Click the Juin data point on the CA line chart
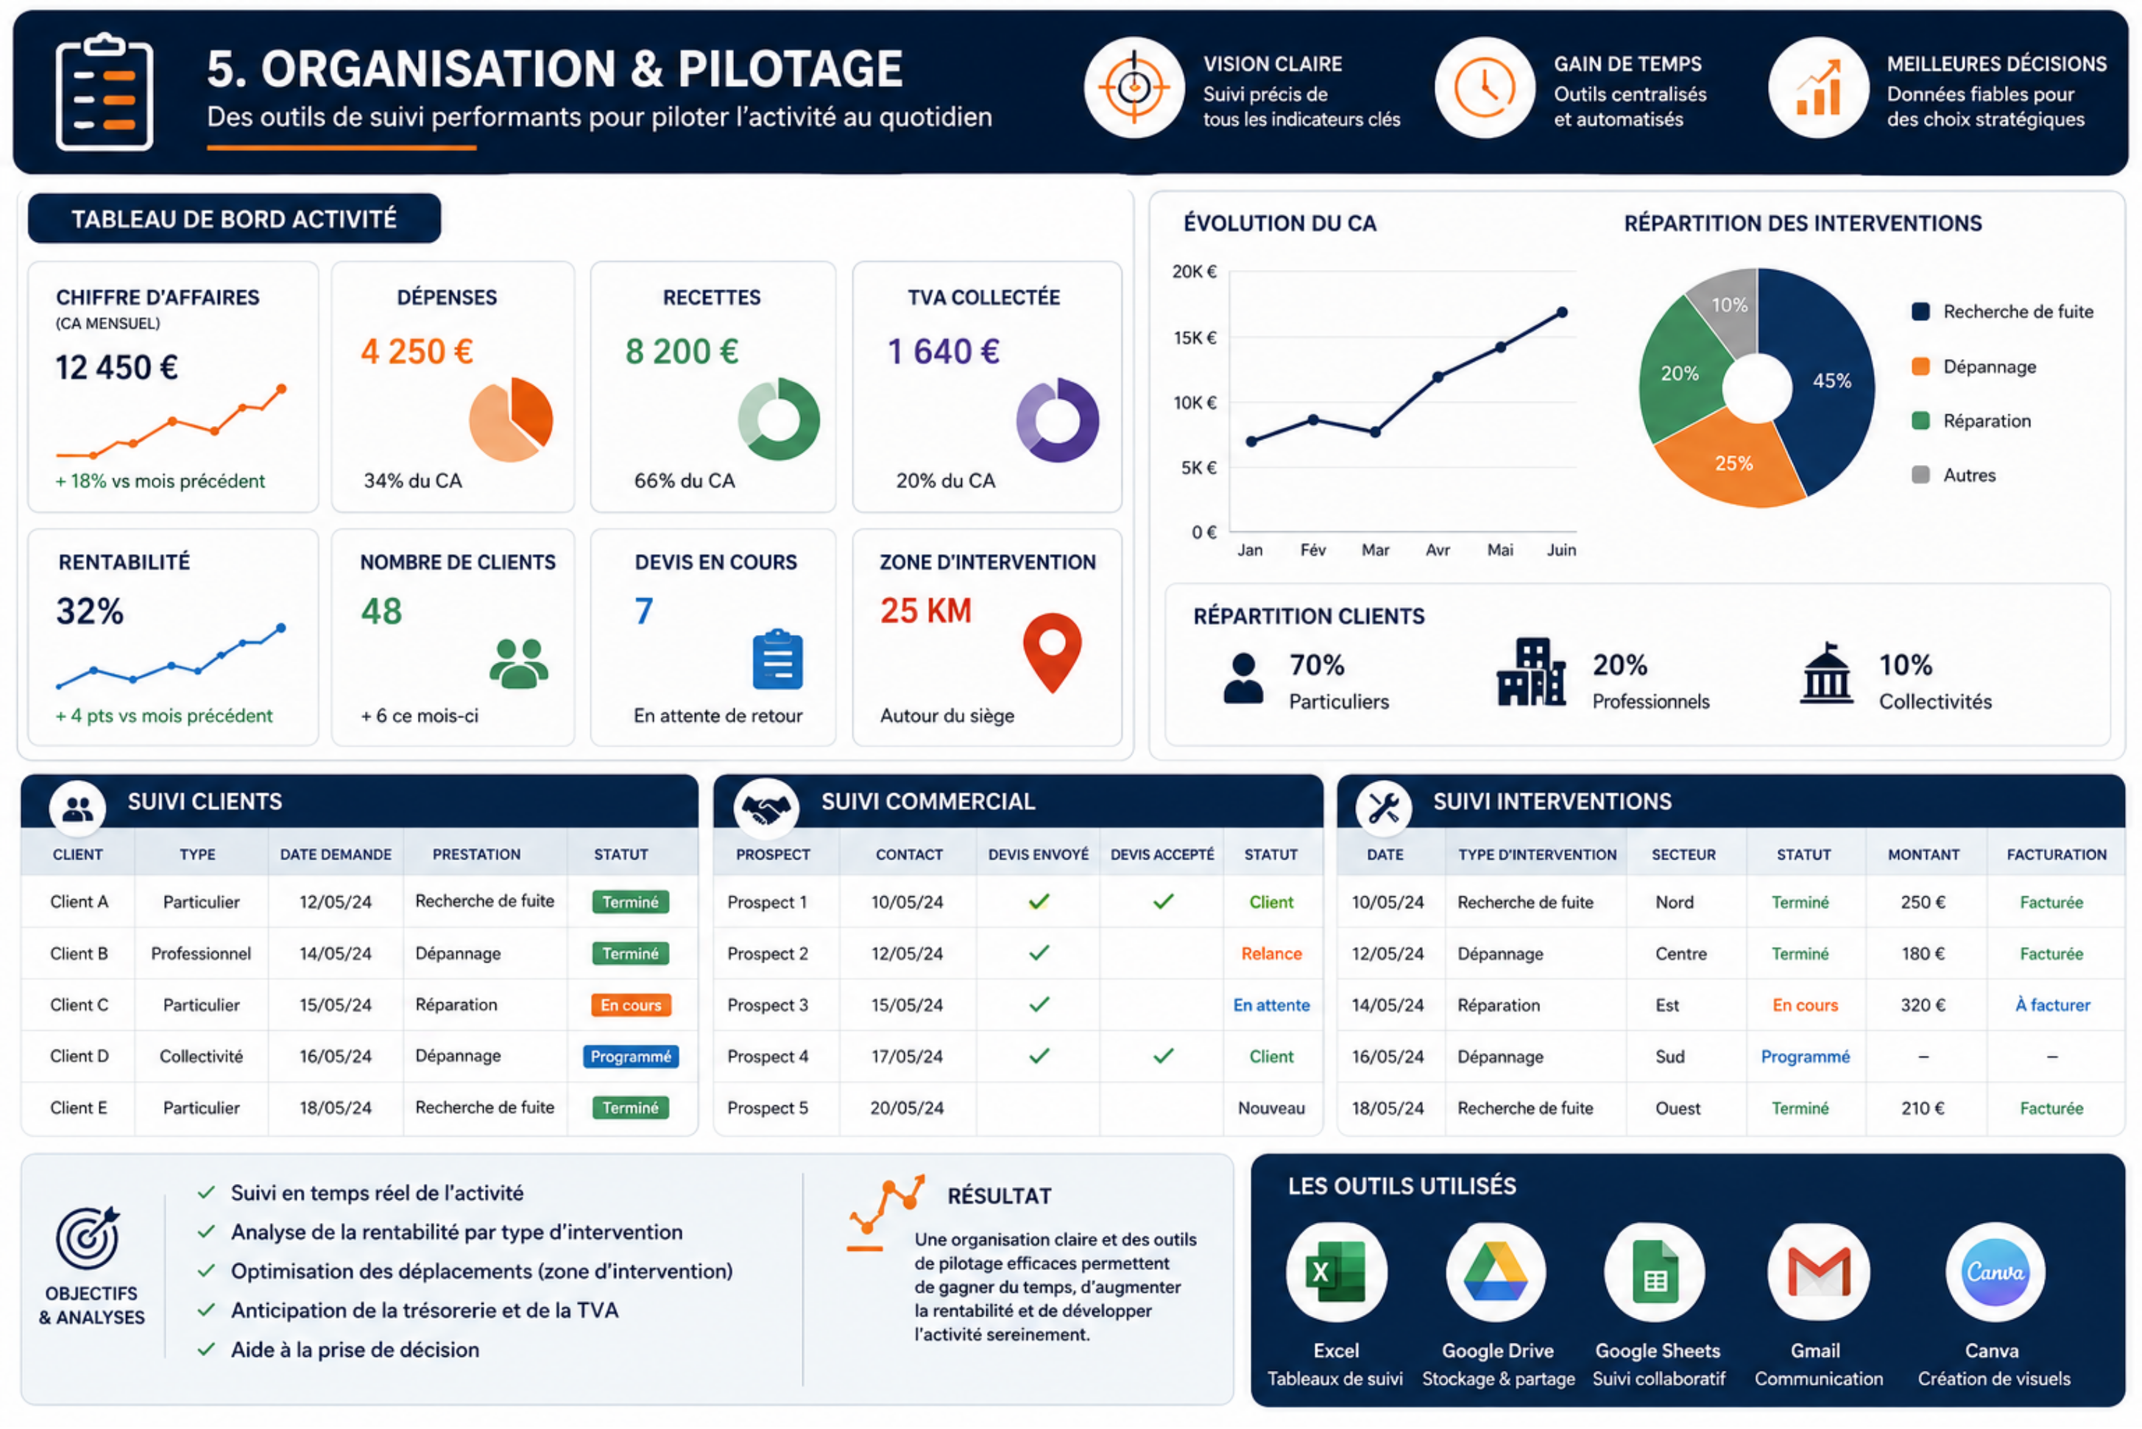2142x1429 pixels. pyautogui.click(x=1561, y=312)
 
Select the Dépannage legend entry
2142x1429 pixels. pyautogui.click(x=1974, y=366)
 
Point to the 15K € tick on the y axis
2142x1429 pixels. pyautogui.click(x=1195, y=337)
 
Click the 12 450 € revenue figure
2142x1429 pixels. pyautogui.click(x=117, y=367)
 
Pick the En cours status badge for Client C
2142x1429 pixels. pyautogui.click(x=631, y=1004)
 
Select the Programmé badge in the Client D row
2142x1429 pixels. pyautogui.click(x=631, y=1056)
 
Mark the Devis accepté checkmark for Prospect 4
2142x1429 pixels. pyautogui.click(x=1163, y=1056)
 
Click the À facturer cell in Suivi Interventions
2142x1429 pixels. pyautogui.click(x=2051, y=1004)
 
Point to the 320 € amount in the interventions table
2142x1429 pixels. pyautogui.click(x=1923, y=1004)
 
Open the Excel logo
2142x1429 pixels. pyautogui.click(x=1335, y=1272)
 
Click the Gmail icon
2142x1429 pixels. pyautogui.click(x=1817, y=1272)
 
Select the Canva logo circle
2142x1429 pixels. pyautogui.click(x=1994, y=1272)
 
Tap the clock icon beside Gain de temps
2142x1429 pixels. pyautogui.click(x=1485, y=88)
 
